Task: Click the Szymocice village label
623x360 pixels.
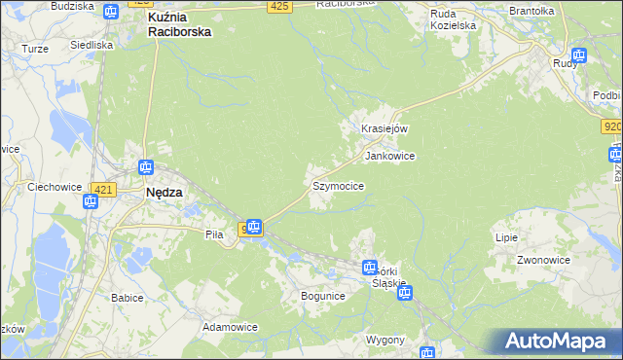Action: (339, 185)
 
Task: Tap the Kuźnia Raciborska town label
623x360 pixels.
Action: (179, 24)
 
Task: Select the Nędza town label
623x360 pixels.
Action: (165, 193)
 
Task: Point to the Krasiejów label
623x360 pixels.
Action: (384, 128)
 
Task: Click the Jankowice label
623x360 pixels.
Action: (389, 156)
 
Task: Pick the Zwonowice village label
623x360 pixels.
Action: (543, 261)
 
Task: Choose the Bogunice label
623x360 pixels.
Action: (323, 295)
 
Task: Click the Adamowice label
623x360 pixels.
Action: (230, 327)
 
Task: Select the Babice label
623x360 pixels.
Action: (128, 298)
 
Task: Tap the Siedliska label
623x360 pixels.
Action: (92, 45)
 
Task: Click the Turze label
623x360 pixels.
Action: (34, 48)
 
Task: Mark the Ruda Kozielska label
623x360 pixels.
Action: (456, 19)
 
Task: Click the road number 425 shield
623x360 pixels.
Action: (279, 7)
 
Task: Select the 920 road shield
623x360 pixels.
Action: (611, 126)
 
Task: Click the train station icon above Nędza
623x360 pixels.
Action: (146, 167)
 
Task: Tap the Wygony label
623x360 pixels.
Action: (385, 340)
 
